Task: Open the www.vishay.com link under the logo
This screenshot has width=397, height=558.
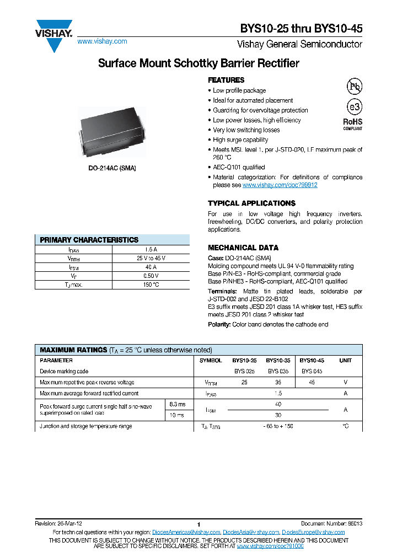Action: (102, 41)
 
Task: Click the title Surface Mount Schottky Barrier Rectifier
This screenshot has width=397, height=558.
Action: (198, 63)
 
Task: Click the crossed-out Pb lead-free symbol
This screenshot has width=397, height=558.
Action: (353, 87)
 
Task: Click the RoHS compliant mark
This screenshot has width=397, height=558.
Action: (353, 124)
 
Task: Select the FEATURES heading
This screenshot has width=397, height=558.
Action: (226, 80)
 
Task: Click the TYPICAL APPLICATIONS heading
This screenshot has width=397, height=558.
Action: (251, 203)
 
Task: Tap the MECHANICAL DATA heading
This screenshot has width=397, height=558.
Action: (243, 248)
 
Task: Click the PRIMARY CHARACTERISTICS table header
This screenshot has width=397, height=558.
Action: (89, 240)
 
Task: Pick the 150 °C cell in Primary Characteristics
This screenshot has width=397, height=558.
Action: (151, 285)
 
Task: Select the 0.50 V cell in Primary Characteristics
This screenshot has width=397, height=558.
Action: (151, 276)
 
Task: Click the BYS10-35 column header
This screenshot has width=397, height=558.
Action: (278, 360)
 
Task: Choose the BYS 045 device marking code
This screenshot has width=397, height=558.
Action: (312, 371)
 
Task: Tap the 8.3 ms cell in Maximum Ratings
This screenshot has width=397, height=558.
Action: (178, 404)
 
